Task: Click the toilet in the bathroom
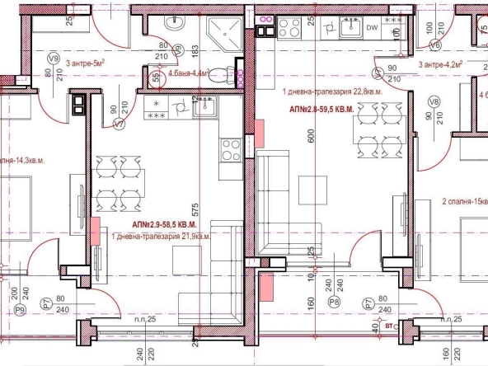coord(216,77)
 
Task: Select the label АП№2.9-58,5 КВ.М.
coord(164,224)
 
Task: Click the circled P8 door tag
coord(334,303)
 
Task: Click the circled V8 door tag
coord(434,101)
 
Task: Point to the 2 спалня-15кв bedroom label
coord(465,201)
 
